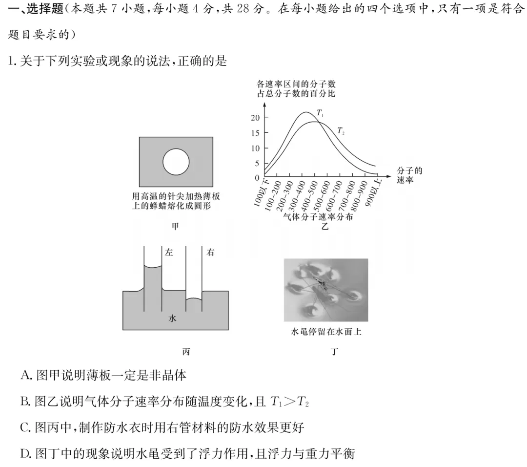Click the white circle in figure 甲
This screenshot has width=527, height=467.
coord(176,162)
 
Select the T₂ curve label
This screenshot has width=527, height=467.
coord(341,131)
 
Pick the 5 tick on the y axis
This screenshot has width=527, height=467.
coord(257,163)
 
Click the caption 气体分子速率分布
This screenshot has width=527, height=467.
coord(317,217)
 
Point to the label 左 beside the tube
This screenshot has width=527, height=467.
coord(169,253)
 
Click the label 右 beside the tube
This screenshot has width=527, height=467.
coord(210,253)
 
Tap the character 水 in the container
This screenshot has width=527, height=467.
coord(172,318)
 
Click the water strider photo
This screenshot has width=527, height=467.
coord(325,290)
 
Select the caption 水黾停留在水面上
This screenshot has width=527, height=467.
coord(325,333)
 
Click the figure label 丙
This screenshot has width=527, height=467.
coord(185,352)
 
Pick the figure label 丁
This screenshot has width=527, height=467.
coord(334,352)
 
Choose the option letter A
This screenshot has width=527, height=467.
coord(26,376)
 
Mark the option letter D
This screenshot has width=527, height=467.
coord(26,454)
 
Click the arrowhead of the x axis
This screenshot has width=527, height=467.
coord(388,174)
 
